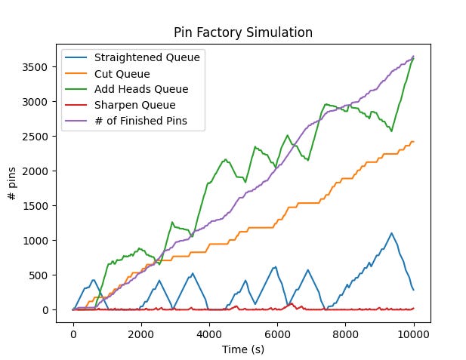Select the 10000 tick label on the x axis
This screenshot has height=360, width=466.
point(413,330)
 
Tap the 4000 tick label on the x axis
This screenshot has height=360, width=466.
point(209,330)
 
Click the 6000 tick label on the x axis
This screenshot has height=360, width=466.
point(277,330)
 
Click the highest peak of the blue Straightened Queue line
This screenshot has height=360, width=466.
point(391,233)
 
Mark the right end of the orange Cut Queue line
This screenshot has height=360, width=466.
point(413,142)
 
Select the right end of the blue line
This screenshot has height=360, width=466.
point(413,290)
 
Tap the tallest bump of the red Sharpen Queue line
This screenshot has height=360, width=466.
point(292,303)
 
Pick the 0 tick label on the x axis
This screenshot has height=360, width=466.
point(73,330)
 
